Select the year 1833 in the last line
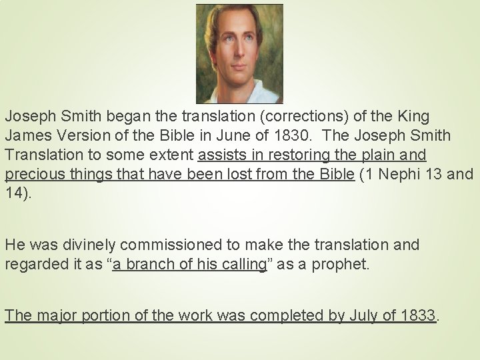coord(416,315)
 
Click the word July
coord(363,315)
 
